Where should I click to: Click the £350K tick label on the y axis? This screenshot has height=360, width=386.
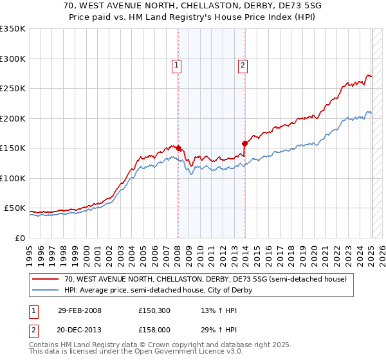point(13,29)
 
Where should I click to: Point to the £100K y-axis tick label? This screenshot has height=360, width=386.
point(13,179)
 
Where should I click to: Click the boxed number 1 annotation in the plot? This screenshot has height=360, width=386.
point(176,64)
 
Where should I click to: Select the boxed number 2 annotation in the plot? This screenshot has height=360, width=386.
point(243,64)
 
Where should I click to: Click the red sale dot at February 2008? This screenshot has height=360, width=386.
point(179,148)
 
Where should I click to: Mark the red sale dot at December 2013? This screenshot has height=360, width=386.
point(245,143)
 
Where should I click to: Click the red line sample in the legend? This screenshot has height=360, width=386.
point(46,279)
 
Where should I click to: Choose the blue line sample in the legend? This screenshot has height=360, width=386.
point(46,290)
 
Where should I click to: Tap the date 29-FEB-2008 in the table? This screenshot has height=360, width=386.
point(79,311)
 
